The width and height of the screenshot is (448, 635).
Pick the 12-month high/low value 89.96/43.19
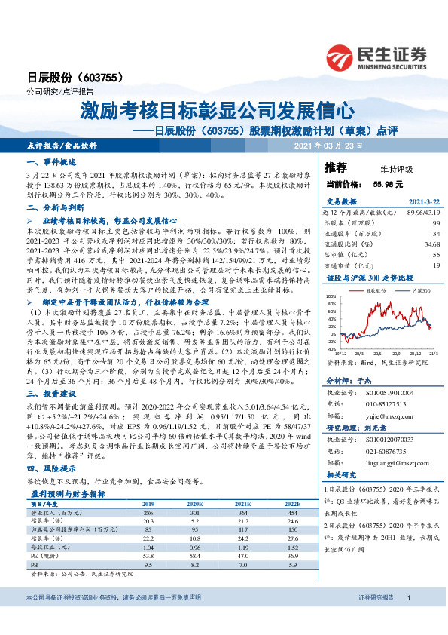(422, 213)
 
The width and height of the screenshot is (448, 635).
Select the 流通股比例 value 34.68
(431, 244)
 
